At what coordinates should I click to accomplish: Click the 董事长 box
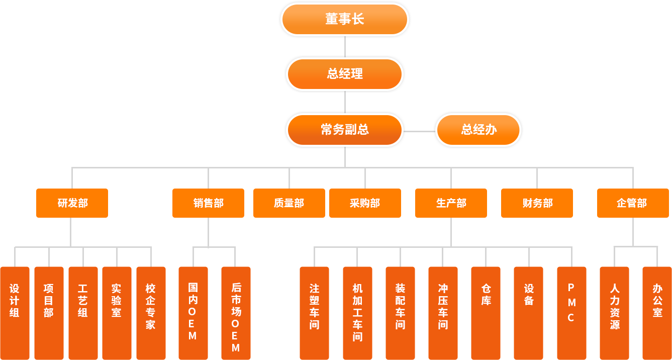(x=344, y=20)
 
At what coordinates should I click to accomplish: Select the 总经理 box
(x=344, y=74)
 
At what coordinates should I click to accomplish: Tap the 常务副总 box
(x=344, y=130)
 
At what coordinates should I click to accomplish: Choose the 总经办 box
(x=478, y=130)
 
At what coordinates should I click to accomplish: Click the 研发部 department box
(x=72, y=203)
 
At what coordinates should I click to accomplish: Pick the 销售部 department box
(x=208, y=203)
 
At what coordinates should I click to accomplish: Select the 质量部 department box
(x=289, y=203)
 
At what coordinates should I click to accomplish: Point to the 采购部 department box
(x=365, y=203)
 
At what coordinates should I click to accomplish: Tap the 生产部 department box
(x=451, y=203)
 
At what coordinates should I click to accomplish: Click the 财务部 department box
(x=537, y=203)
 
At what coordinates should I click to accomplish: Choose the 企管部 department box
(x=632, y=203)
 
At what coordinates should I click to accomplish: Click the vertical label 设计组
(x=15, y=301)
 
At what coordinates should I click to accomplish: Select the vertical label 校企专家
(x=150, y=306)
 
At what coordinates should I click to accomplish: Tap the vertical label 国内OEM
(x=193, y=311)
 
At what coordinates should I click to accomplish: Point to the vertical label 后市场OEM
(x=236, y=317)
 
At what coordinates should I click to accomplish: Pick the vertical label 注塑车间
(x=314, y=306)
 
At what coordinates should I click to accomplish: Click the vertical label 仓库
(x=486, y=295)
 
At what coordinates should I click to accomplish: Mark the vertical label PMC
(x=571, y=302)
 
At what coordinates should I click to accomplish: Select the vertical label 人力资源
(x=615, y=306)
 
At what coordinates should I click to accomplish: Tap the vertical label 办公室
(x=657, y=301)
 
